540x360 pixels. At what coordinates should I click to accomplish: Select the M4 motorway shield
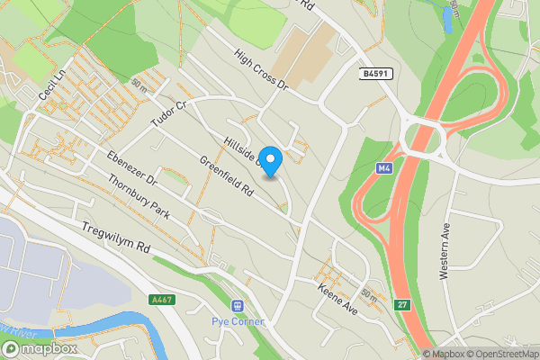pyautogui.click(x=384, y=167)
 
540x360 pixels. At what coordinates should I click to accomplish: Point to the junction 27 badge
pyautogui.click(x=401, y=305)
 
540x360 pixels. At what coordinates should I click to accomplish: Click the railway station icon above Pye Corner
pyautogui.click(x=237, y=307)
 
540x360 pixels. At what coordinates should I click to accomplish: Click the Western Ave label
pyautogui.click(x=445, y=254)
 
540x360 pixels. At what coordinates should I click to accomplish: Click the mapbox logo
pyautogui.click(x=40, y=347)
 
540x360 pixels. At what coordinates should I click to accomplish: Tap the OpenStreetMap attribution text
pyautogui.click(x=498, y=354)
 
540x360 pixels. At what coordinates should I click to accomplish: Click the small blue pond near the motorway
pyautogui.click(x=447, y=19)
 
